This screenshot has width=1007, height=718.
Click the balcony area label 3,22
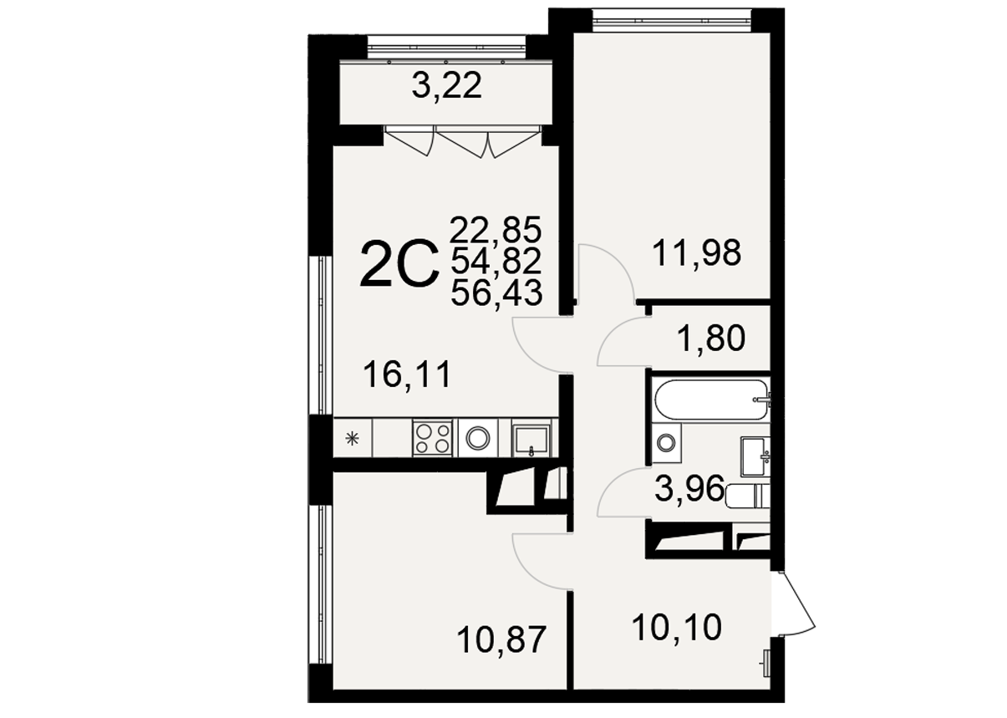pos(446,86)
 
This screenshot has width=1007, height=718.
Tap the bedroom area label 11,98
pos(696,253)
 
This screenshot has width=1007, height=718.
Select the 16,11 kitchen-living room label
pos(407,375)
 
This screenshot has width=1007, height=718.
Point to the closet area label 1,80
pos(710,338)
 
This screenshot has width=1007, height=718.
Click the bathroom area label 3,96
pos(689,488)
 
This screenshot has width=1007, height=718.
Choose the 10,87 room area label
pos(501,639)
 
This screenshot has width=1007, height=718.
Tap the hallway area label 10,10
pos(677,627)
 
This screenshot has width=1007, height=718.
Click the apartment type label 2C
pos(399,264)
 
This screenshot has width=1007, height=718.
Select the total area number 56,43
pos(496,293)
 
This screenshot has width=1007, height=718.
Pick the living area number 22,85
pos(496,230)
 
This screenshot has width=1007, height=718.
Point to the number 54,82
pos(496,262)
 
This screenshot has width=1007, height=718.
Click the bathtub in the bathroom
pos(711,400)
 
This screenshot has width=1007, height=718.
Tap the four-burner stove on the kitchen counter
pos(433,438)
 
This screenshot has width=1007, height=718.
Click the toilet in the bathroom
pos(747,496)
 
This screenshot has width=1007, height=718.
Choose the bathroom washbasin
pos(755,456)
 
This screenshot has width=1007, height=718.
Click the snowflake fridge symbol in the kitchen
pos(352,438)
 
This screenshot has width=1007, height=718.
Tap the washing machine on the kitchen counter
pos(477,438)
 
